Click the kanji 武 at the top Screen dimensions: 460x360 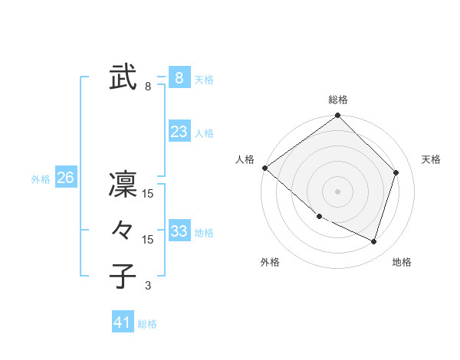pyautogui.click(x=123, y=77)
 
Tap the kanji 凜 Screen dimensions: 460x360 pyautogui.click(x=123, y=185)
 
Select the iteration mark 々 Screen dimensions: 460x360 pyautogui.click(x=123, y=231)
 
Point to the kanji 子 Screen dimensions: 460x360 pyautogui.click(x=123, y=277)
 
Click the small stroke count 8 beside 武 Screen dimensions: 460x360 pyautogui.click(x=148, y=87)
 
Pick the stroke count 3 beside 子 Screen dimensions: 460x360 pyautogui.click(x=148, y=286)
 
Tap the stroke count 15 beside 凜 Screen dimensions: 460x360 pyautogui.click(x=148, y=194)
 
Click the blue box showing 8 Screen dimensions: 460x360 pyautogui.click(x=179, y=77)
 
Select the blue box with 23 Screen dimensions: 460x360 pyautogui.click(x=179, y=132)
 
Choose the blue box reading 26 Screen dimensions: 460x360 pyautogui.click(x=65, y=178)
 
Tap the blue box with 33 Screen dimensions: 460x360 pyautogui.click(x=179, y=231)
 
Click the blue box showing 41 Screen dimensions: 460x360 pyautogui.click(x=123, y=322)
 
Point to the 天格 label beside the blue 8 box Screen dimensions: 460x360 pyautogui.click(x=204, y=79)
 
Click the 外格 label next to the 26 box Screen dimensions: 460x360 pyautogui.click(x=41, y=179)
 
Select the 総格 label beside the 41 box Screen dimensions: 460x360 pyautogui.click(x=147, y=324)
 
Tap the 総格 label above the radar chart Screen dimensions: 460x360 pyautogui.click(x=338, y=100)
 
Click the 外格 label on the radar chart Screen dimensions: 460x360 pyautogui.click(x=270, y=262)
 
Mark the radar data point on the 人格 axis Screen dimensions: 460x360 pyautogui.click(x=264, y=168)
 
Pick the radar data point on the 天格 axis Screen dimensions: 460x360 pyautogui.click(x=396, y=172)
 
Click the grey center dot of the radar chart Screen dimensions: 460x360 pyautogui.click(x=337, y=191)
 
